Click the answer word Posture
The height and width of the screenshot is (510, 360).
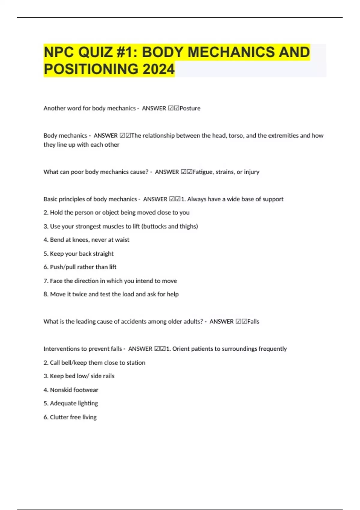[x=190, y=108]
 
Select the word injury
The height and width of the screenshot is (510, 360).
[x=251, y=172]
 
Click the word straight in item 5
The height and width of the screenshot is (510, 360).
[x=103, y=253]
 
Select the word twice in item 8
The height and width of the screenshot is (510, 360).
[x=79, y=294]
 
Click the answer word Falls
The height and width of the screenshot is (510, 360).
[x=253, y=322]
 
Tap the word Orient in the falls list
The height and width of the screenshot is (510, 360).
[x=181, y=349]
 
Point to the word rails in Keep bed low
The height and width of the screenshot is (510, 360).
[x=108, y=376]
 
